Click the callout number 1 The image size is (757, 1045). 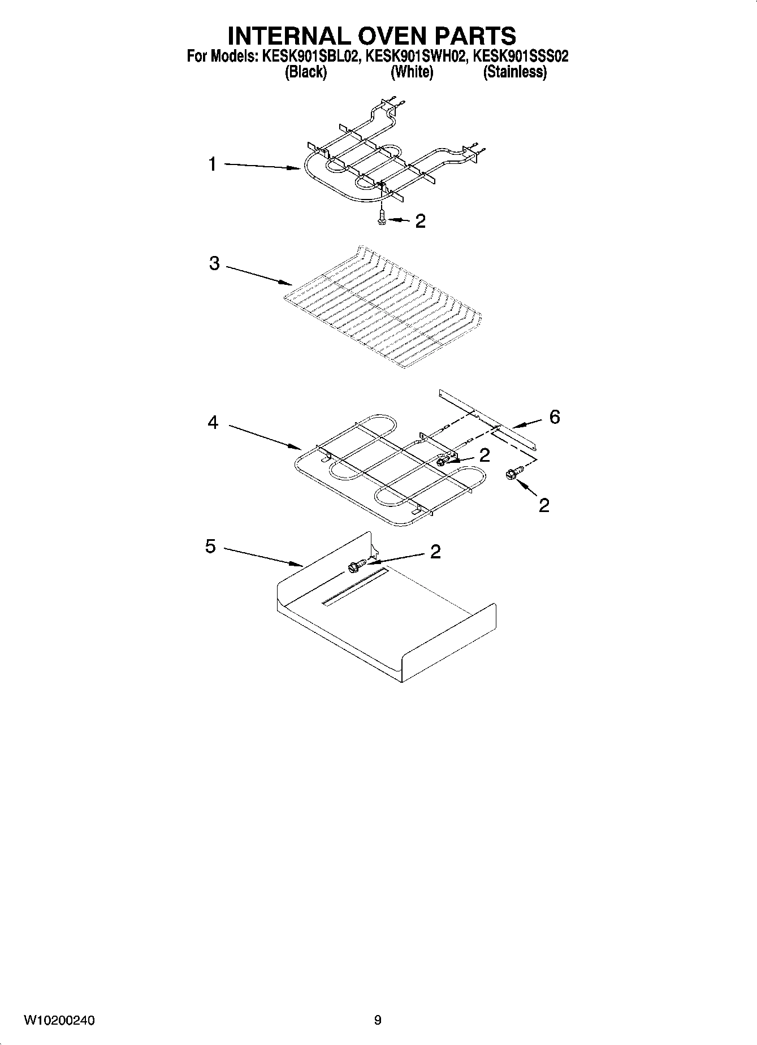click(x=212, y=164)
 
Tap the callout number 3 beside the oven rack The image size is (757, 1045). click(x=214, y=263)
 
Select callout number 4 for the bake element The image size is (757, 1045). click(x=213, y=422)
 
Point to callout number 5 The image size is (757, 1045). click(x=210, y=547)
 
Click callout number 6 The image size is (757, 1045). click(x=555, y=417)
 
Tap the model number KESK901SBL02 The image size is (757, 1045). click(x=309, y=57)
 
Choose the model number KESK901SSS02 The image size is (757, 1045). click(x=520, y=57)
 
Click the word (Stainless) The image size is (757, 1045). click(x=514, y=72)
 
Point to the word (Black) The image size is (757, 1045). click(x=306, y=72)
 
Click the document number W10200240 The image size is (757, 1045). click(x=59, y=1021)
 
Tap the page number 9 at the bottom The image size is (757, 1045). click(x=378, y=1021)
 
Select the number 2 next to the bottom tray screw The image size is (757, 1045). click(x=435, y=552)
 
